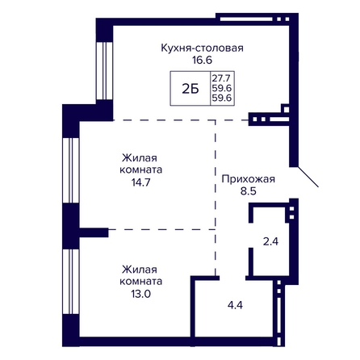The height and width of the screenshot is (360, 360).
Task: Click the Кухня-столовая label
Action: [202, 48]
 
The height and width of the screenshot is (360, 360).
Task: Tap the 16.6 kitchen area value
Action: [202, 61]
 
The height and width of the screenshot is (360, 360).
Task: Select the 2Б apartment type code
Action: [190, 89]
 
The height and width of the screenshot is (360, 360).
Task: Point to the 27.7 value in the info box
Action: [222, 78]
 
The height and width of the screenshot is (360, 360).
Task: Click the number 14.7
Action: [140, 182]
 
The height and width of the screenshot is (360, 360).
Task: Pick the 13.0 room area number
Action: [140, 294]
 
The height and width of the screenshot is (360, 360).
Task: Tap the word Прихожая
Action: [248, 179]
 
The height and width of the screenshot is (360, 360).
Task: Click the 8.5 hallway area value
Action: [248, 191]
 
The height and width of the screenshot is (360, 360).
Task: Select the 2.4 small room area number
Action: [270, 241]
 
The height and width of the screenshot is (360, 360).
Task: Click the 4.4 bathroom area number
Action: [235, 305]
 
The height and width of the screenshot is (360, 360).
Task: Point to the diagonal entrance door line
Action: [308, 177]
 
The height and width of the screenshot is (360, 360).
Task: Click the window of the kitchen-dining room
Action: [104, 71]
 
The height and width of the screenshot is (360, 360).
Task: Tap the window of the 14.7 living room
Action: [71, 170]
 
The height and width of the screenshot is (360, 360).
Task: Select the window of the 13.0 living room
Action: [71, 282]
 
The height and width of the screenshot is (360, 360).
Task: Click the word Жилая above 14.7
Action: [140, 158]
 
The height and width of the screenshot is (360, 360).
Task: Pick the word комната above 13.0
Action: [140, 282]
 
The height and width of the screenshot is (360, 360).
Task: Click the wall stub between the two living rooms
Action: [94, 232]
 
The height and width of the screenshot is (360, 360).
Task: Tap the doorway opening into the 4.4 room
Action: [232, 278]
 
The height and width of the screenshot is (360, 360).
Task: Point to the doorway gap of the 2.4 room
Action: [251, 235]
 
